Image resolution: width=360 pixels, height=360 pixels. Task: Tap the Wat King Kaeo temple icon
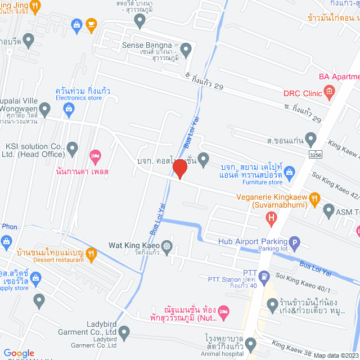[166, 246]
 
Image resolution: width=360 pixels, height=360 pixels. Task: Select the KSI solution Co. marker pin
[72, 148]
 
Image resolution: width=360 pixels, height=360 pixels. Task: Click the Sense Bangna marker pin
[187, 49]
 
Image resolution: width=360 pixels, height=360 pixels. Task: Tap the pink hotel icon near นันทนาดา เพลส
[95, 155]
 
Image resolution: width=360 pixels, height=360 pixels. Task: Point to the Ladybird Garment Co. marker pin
[124, 332]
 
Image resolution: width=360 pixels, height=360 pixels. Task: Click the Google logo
[19, 353]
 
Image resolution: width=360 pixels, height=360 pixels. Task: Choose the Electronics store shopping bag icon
[69, 111]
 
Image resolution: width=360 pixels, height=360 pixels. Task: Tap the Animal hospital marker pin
[251, 345]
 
